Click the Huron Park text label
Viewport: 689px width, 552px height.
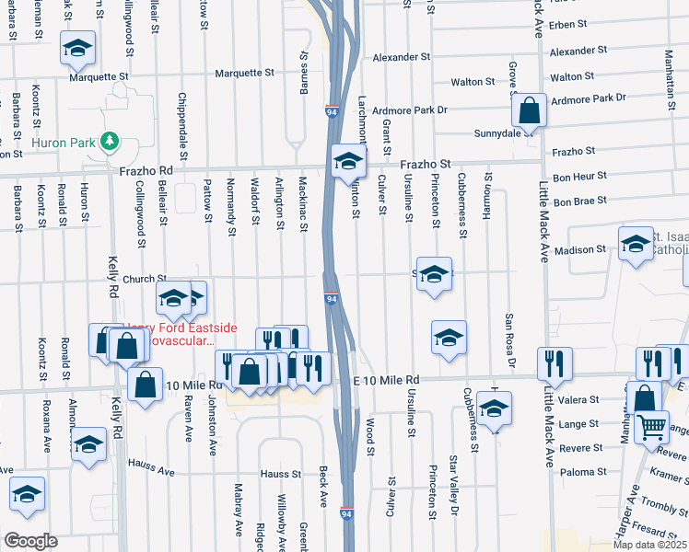(64, 143)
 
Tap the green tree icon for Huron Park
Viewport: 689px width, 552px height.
(111, 141)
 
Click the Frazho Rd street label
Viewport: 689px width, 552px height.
(146, 171)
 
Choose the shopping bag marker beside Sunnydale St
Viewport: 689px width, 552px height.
(531, 111)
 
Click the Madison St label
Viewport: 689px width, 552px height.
(580, 248)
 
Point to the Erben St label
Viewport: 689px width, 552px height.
(568, 23)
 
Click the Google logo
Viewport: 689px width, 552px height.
(30, 541)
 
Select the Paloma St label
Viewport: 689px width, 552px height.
(580, 473)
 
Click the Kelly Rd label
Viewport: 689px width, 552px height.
(115, 276)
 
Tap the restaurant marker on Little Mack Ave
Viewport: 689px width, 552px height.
(555, 362)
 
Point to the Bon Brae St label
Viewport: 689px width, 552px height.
(580, 201)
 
